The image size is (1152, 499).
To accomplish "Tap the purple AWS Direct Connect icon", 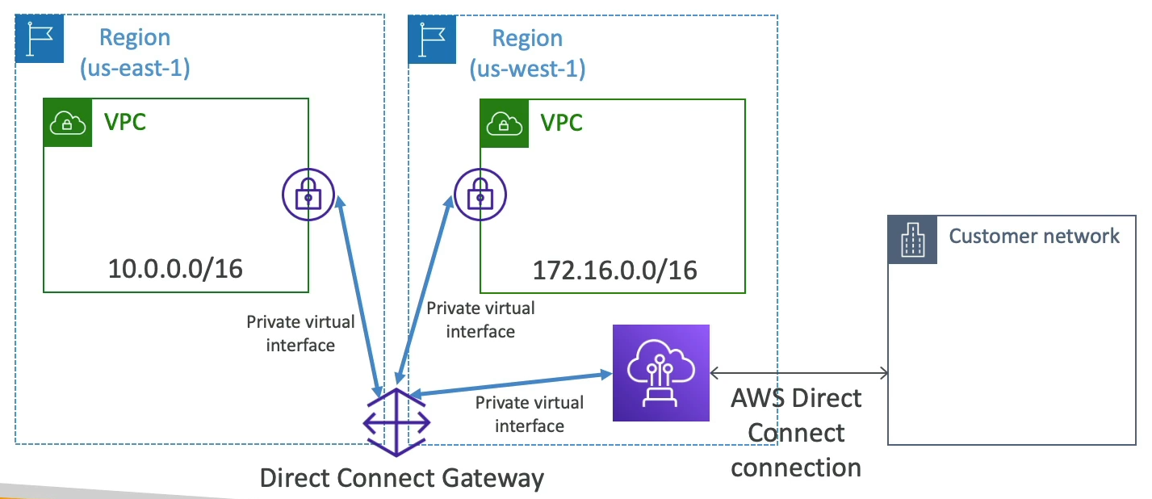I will (x=660, y=373).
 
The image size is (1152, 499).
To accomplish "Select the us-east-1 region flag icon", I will (x=40, y=40).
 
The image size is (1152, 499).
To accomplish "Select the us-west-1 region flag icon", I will (x=432, y=40).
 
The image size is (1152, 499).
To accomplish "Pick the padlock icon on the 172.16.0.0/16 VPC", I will (x=479, y=194).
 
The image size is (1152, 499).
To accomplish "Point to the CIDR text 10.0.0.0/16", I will (x=175, y=268).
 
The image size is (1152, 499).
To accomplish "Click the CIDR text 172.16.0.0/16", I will (x=614, y=270).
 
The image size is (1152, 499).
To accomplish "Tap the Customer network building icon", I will (x=912, y=240).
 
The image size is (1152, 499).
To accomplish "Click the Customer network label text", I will (x=1034, y=236).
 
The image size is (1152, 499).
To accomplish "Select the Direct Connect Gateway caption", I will (x=402, y=478).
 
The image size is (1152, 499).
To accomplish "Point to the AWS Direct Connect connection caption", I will (x=796, y=433).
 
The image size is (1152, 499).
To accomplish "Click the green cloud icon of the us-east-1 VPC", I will (x=68, y=123).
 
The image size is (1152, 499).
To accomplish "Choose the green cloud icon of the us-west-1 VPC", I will (x=505, y=123).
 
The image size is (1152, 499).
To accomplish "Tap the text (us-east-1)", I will (x=134, y=68).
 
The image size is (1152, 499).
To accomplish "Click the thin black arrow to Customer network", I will (x=798, y=373).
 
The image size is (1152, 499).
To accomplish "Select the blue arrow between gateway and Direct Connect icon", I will (x=509, y=384).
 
